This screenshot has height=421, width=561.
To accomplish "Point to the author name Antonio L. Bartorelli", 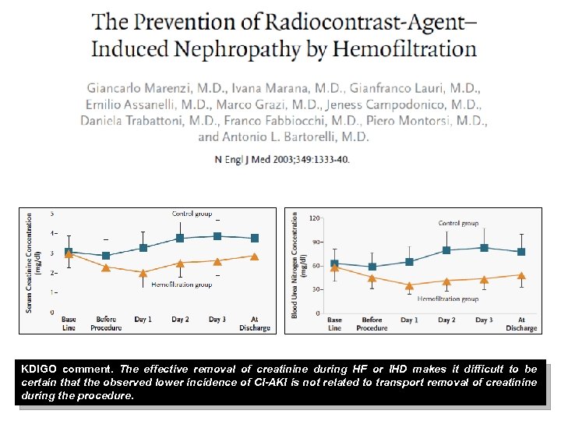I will click(x=295, y=136).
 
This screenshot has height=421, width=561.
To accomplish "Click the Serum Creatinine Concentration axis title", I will click(x=29, y=263).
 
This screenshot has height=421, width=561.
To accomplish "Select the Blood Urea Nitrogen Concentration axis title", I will click(x=295, y=263).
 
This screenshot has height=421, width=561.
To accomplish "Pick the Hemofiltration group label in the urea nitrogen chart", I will click(x=448, y=299).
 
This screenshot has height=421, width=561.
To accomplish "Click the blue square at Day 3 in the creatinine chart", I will click(x=217, y=236).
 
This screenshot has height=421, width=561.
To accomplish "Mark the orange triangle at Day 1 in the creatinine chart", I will click(x=143, y=272).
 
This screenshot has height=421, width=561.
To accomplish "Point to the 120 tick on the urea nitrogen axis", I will click(x=315, y=218).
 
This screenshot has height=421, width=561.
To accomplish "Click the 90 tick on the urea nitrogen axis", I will click(x=316, y=242).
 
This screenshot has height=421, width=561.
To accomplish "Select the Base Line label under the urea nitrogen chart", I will click(x=334, y=324).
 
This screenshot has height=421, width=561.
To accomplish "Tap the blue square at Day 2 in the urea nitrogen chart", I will click(x=446, y=250).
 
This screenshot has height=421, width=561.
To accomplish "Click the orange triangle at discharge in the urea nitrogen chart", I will click(x=521, y=275).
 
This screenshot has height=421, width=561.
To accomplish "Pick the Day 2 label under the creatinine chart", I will click(x=180, y=320).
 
